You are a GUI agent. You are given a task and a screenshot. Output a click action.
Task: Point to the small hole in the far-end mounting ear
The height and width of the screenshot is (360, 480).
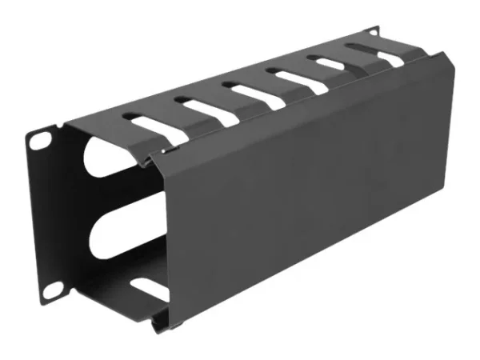pyautogui.click(x=373, y=33)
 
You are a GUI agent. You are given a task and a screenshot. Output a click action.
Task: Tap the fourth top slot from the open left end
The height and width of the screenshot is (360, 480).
pyautogui.click(x=293, y=78)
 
